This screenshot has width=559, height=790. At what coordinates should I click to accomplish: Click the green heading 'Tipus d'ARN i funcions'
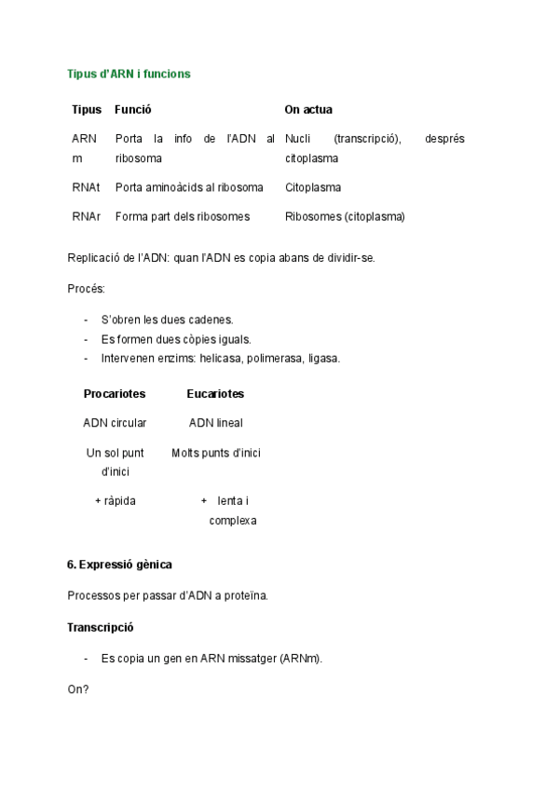point(129,74)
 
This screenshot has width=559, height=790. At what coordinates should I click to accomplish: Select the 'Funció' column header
point(133,110)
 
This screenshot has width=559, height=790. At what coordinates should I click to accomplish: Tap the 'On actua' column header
point(308,110)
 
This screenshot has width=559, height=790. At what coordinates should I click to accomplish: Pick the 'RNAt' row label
point(86,187)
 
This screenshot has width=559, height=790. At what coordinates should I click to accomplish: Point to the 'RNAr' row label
point(86,217)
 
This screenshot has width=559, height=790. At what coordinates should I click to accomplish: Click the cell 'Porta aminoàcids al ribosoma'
point(189,187)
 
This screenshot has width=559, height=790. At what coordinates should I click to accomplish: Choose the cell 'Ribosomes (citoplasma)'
point(345,217)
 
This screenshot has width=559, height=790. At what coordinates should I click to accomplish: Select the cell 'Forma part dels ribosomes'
point(183,217)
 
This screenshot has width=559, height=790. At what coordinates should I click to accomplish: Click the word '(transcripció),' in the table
point(367,139)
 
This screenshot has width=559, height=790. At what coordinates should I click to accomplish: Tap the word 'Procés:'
point(87,289)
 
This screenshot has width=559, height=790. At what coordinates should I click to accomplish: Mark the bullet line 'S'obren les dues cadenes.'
point(168,320)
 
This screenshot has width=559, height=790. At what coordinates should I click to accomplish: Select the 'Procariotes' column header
point(115,394)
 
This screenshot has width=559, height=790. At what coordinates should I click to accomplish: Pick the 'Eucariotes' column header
point(215,394)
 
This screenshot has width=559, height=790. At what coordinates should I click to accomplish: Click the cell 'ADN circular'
point(115,423)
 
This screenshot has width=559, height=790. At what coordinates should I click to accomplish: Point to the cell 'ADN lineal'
point(215,423)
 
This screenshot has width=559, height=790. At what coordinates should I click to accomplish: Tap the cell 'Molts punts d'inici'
point(216,454)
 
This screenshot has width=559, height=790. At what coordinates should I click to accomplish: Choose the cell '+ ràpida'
point(116,501)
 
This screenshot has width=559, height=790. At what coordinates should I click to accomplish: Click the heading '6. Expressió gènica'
point(119,565)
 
